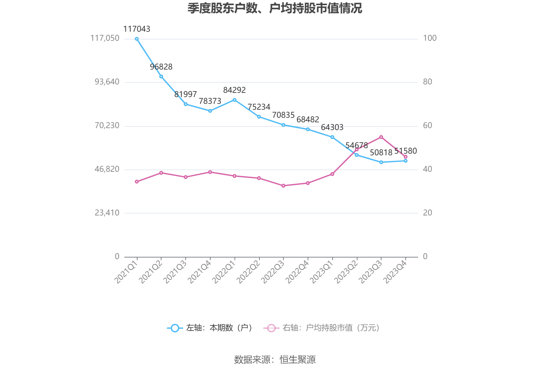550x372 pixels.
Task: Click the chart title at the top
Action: click(275, 9)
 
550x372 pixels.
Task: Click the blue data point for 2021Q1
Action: click(137, 39)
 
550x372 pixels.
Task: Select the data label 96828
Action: click(161, 67)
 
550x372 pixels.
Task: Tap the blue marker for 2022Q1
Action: click(235, 100)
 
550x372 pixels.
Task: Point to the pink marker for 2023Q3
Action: click(381, 137)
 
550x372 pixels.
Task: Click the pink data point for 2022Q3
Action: click(283, 186)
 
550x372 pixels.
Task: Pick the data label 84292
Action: click(235, 90)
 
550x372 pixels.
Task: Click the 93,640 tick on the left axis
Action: click(107, 82)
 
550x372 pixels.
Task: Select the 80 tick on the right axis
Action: click(427, 82)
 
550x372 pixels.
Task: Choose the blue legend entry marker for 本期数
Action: click(175, 328)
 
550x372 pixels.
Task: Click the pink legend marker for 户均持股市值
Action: click(271, 328)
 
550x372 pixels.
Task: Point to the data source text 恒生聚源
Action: click(298, 360)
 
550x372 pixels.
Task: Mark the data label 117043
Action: click(137, 29)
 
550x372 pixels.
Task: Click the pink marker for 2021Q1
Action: click(137, 182)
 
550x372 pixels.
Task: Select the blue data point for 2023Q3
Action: click(381, 162)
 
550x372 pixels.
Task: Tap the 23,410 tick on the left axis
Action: click(107, 213)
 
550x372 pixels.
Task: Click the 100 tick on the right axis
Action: click(430, 38)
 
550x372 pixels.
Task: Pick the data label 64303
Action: click(332, 127)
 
